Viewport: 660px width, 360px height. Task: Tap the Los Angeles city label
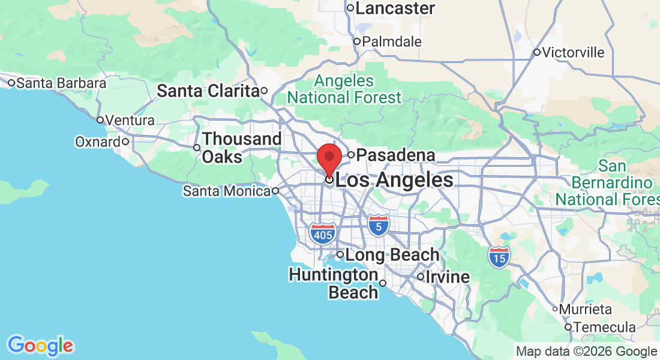click(394, 180)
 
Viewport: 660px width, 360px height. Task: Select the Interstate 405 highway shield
click(322, 234)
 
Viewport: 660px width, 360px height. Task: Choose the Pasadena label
click(396, 155)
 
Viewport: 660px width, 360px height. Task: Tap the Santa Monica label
click(227, 191)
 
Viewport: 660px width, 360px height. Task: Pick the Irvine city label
click(448, 277)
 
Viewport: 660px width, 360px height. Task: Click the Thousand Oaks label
click(241, 148)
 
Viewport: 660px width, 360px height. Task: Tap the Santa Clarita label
click(208, 91)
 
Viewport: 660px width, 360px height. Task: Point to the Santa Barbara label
click(61, 83)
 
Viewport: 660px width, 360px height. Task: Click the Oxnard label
click(98, 142)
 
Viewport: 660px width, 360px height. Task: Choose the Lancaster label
click(395, 8)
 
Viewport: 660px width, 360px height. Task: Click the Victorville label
click(573, 52)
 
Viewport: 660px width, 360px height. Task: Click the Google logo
click(40, 346)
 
